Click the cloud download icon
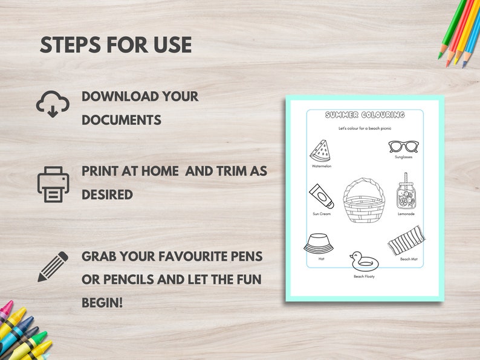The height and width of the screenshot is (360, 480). point(53,104)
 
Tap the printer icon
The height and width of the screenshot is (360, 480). point(53,184)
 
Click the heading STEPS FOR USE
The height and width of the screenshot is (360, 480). point(116,45)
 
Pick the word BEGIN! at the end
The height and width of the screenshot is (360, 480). point(102,301)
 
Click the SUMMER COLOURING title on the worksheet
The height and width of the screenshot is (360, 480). point(365,115)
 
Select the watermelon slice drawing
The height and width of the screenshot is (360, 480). point(320,150)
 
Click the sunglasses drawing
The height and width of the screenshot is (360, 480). point(403,146)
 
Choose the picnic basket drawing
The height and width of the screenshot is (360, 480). point(364,201)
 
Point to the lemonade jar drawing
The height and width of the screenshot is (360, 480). point(406,191)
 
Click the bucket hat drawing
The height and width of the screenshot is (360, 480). point(318,243)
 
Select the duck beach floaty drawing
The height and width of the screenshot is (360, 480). point(363,261)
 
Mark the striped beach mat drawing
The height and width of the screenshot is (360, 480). point(406,240)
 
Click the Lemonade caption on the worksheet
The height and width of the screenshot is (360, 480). point(406,214)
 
